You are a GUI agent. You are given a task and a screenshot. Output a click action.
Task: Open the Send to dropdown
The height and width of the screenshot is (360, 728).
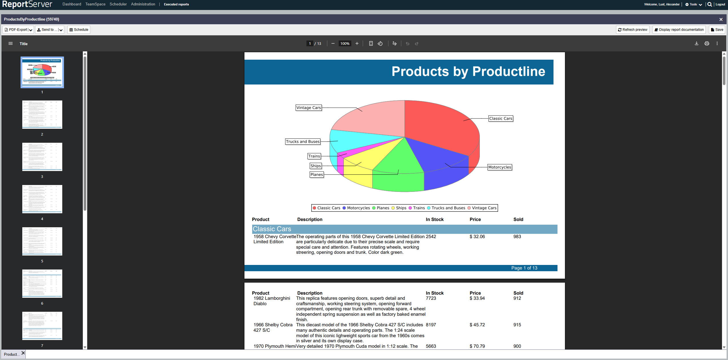tap(60, 30)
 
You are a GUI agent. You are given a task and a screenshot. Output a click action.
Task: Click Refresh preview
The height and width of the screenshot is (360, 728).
tap(632, 30)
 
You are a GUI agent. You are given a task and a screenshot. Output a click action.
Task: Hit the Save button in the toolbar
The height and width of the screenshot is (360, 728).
tap(717, 30)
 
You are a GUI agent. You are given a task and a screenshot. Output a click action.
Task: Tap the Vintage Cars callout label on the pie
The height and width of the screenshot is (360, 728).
tap(308, 108)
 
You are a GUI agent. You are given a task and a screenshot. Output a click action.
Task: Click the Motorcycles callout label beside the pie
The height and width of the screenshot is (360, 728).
tap(500, 167)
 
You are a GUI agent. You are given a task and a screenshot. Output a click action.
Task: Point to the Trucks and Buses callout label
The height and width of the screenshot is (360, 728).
tap(302, 142)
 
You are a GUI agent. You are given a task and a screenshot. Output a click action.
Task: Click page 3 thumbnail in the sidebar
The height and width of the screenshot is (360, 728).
tap(42, 157)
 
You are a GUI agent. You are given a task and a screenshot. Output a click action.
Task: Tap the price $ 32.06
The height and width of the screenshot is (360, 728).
tap(477, 237)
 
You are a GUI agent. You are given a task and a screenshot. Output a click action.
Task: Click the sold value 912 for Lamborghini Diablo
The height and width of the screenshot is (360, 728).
tap(517, 298)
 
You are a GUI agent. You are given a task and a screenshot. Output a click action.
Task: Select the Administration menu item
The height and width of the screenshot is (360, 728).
tap(143, 4)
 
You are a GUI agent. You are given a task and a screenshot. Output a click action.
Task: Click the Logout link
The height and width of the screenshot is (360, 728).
tap(720, 5)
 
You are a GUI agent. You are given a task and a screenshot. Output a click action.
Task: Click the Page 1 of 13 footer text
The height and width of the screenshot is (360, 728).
tap(524, 268)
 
